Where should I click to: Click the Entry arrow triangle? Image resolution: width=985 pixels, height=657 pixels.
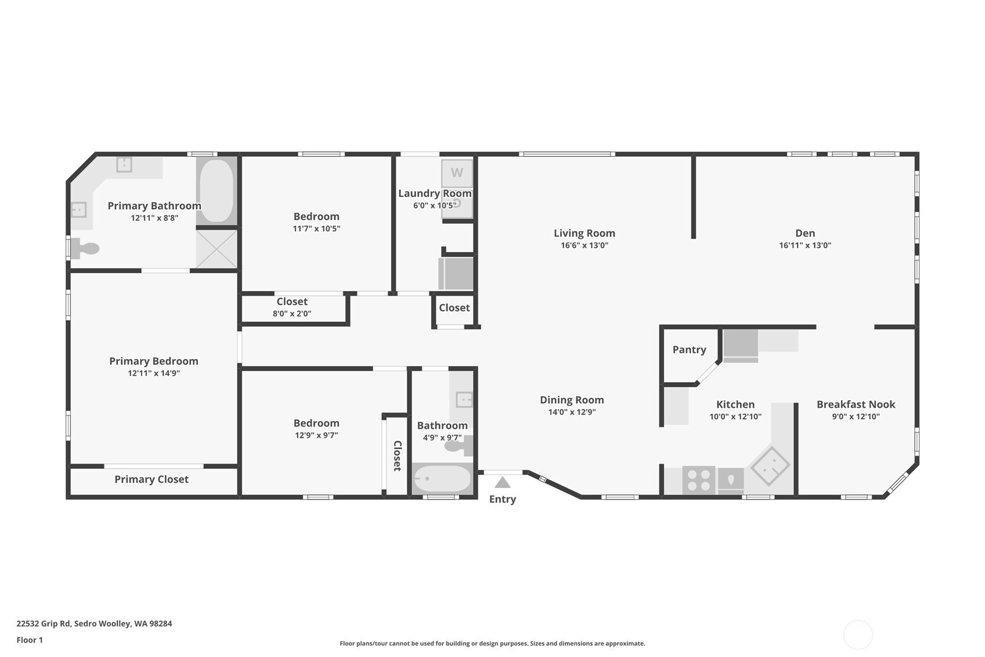[x=502, y=483]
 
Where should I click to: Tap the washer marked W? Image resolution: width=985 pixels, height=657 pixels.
[x=457, y=173]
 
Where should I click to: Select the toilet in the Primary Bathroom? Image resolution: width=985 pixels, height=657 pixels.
[x=85, y=249]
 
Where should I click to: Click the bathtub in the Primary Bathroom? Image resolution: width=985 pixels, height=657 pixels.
[x=217, y=191]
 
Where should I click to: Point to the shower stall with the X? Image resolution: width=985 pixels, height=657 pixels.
[x=217, y=249]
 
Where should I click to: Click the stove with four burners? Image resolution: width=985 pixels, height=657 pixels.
[x=699, y=480]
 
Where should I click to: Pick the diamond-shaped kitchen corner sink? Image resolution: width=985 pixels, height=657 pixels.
[x=770, y=466]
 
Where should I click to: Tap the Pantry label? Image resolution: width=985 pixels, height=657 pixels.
[x=689, y=350]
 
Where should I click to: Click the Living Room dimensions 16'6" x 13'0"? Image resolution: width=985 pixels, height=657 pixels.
[x=584, y=246]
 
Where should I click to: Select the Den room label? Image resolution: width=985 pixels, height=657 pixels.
[x=805, y=233]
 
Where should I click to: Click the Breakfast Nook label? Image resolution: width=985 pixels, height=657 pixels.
[x=856, y=404]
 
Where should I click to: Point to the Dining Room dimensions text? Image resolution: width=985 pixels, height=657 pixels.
[x=572, y=412]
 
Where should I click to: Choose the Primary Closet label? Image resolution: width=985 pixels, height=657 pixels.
[x=151, y=480]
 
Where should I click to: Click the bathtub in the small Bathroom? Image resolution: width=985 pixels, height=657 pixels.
[x=442, y=478]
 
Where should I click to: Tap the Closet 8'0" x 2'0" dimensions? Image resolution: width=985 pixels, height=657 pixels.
[x=292, y=314]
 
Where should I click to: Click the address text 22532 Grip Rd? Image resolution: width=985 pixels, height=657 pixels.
[x=44, y=623]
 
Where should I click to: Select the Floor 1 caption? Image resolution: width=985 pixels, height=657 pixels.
[x=30, y=640]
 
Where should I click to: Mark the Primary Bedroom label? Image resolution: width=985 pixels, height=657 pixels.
[x=153, y=361]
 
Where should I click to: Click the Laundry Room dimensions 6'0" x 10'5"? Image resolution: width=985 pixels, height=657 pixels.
[x=434, y=206]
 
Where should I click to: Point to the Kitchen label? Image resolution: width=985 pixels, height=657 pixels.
[x=735, y=404]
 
